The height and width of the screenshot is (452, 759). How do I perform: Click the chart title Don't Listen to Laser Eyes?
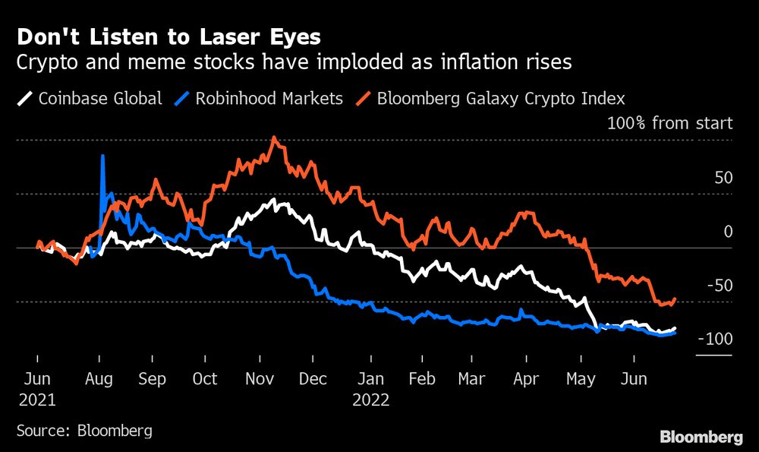point(168,36)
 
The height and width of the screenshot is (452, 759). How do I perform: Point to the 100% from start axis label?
point(669,123)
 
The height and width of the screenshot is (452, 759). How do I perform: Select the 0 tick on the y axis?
point(728,232)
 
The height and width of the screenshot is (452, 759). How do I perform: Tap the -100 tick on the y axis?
point(715,339)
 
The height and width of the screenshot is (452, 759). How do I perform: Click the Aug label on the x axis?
point(99,378)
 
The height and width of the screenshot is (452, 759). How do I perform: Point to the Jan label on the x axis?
point(370,378)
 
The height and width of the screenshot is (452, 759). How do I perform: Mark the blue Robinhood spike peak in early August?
point(102,156)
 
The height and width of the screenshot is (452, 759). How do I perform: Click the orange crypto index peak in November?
point(273,138)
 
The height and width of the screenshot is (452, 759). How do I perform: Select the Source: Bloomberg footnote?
point(84,430)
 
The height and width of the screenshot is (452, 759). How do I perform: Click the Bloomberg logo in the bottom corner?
point(701,437)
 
